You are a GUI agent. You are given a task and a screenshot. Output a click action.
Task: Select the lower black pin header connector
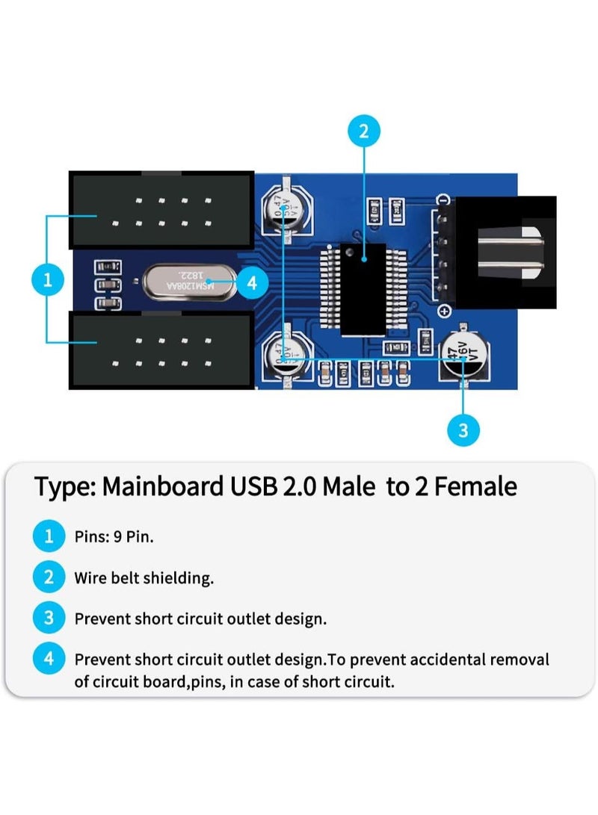(161, 350)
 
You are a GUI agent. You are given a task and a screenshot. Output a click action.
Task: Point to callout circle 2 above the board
(364, 132)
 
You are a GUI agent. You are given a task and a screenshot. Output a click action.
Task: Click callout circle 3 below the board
(463, 430)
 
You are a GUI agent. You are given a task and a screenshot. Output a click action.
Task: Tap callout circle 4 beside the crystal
(252, 283)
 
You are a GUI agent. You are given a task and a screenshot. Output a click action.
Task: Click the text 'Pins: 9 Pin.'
(114, 536)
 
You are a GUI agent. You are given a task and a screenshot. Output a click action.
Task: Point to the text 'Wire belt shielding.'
(144, 577)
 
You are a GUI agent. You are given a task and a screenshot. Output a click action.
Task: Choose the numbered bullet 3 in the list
(49, 619)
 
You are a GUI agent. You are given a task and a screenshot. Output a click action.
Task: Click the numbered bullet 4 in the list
(49, 660)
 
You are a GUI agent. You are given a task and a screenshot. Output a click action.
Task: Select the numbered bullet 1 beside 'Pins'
(49, 536)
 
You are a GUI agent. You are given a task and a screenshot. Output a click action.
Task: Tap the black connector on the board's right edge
(506, 252)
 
